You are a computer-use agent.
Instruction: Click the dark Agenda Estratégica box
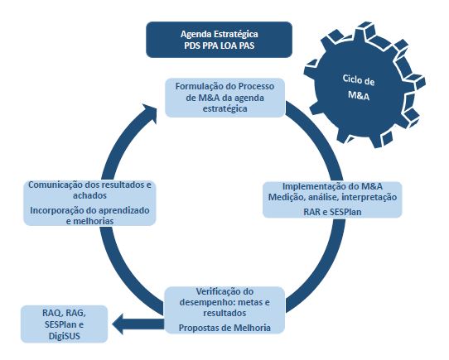pos(219,40)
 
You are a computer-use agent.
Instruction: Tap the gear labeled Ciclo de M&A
pos(365,86)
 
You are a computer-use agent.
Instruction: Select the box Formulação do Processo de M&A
pos(225,98)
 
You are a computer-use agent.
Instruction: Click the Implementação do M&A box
pos(332,199)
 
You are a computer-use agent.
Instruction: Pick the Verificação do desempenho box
pos(224,310)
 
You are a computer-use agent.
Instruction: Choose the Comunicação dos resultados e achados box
pos(89,203)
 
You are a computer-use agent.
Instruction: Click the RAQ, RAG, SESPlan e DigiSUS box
pos(64,324)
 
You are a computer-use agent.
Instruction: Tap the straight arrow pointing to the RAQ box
pos(138,324)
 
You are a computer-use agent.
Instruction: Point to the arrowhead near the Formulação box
pos(149,113)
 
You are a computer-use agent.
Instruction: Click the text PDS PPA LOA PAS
pos(220,46)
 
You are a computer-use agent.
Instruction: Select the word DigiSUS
pos(64,336)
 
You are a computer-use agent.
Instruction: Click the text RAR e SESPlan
pos(332,212)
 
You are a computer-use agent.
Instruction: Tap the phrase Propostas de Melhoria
pos(224,328)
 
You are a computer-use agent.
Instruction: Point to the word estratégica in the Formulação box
pos(225,109)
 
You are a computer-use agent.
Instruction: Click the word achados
pos(89,196)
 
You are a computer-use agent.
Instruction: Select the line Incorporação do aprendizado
pos(89,210)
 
